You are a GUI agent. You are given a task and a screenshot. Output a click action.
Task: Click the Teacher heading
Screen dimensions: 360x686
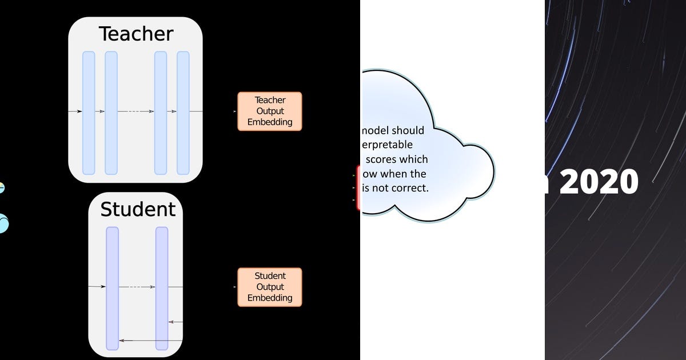[135, 34]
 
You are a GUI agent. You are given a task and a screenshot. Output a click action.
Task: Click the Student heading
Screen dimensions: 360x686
[138, 209]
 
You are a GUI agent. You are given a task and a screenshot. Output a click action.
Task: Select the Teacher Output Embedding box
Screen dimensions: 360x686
[269, 111]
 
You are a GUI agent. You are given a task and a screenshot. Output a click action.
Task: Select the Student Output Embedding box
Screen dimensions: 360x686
[269, 287]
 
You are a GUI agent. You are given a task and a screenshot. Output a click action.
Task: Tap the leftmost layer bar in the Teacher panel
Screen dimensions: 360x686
[89, 113]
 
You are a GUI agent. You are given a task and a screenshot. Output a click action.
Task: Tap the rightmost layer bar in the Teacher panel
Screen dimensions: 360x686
[183, 113]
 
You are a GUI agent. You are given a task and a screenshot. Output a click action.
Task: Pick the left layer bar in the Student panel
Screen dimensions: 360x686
[113, 288]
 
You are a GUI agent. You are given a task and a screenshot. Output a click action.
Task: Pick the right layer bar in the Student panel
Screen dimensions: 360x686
[162, 288]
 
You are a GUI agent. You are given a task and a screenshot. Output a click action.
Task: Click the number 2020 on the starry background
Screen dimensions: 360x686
[599, 182]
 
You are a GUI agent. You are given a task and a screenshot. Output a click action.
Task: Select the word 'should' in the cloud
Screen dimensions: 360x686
[408, 131]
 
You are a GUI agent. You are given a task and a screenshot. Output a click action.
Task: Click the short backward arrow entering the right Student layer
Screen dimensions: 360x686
[176, 322]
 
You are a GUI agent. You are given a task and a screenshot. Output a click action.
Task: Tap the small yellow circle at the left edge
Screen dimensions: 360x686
[1, 187]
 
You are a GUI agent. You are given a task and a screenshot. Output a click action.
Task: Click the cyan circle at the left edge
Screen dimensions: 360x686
[3, 223]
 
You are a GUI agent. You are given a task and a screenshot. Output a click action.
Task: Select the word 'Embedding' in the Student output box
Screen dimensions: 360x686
[269, 298]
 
